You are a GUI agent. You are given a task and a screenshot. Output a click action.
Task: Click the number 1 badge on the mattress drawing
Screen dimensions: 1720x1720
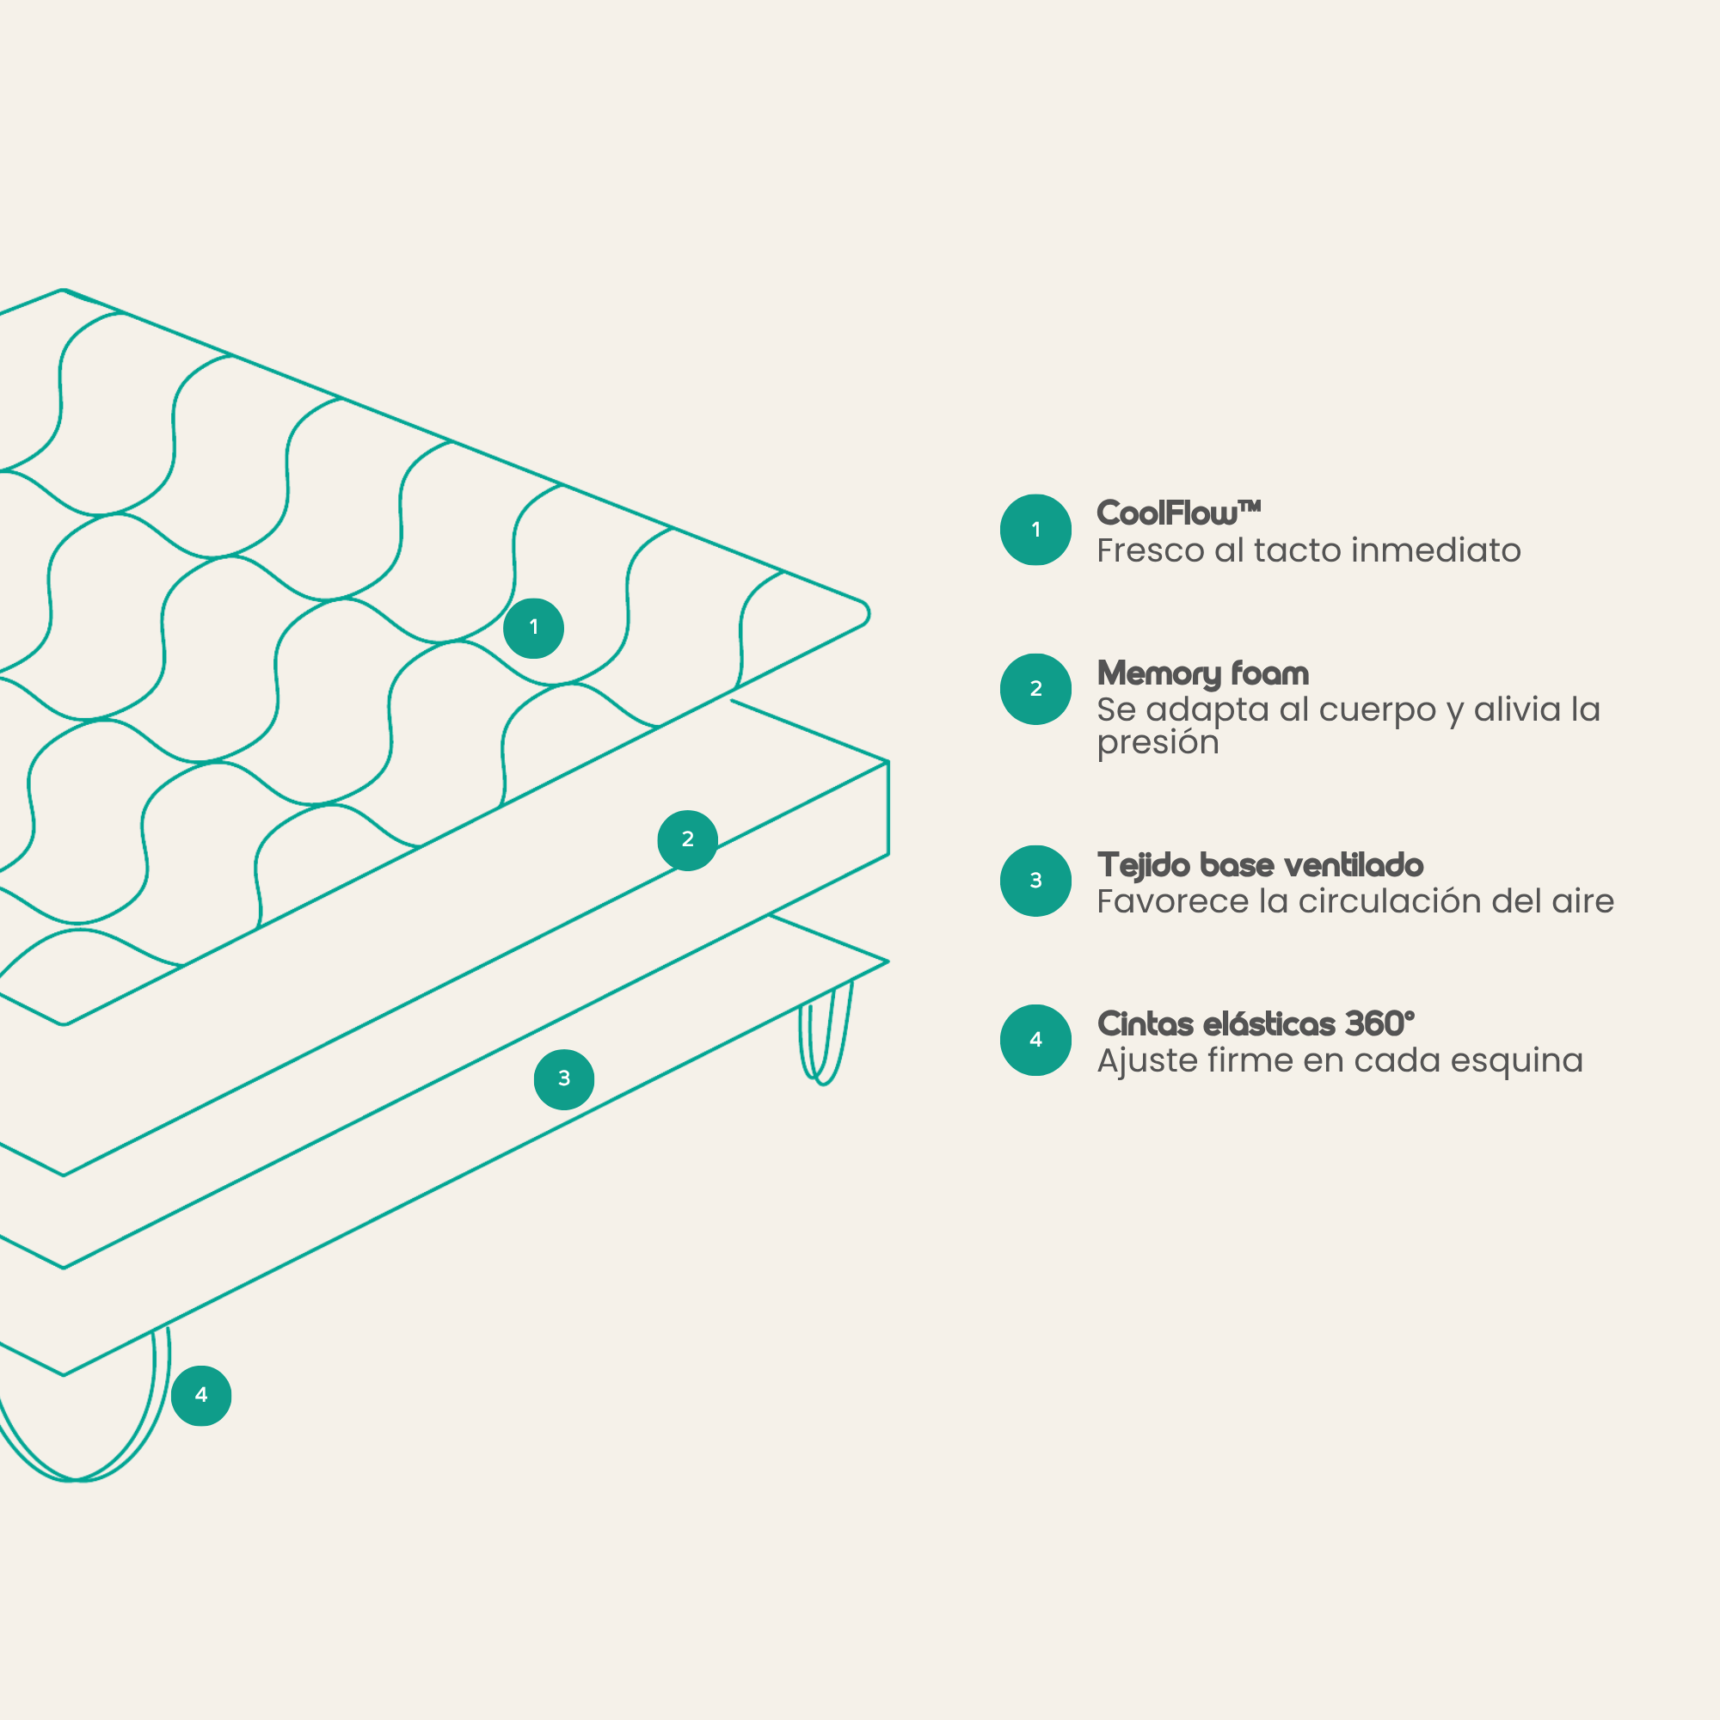pos(533,628)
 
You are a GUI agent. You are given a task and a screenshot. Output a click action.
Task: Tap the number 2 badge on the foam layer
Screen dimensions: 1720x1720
pos(687,839)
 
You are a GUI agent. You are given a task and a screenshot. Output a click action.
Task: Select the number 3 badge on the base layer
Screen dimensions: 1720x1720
pos(563,1079)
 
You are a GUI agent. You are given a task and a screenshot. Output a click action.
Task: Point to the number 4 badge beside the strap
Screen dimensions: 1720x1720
pos(201,1395)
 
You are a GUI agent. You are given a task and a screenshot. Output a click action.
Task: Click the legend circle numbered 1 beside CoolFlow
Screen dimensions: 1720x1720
pos(1035,530)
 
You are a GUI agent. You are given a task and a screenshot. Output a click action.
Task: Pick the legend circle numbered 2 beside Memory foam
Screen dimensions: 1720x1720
pos(1035,689)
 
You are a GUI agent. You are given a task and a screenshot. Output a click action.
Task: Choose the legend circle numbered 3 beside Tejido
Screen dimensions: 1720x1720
pos(1035,881)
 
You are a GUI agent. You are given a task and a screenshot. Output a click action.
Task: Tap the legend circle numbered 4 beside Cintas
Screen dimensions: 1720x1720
pos(1035,1040)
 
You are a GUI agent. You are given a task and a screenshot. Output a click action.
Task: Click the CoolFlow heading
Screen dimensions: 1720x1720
pos(1178,513)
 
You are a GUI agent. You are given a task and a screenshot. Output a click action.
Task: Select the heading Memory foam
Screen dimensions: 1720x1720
pos(1203,674)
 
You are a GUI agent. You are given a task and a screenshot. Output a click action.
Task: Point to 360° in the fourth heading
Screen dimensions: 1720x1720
pos(1379,1023)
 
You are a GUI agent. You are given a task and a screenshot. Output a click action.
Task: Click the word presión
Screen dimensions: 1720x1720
pos(1158,742)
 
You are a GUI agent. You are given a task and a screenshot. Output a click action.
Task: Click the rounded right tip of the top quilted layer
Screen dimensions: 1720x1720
pos(865,613)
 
